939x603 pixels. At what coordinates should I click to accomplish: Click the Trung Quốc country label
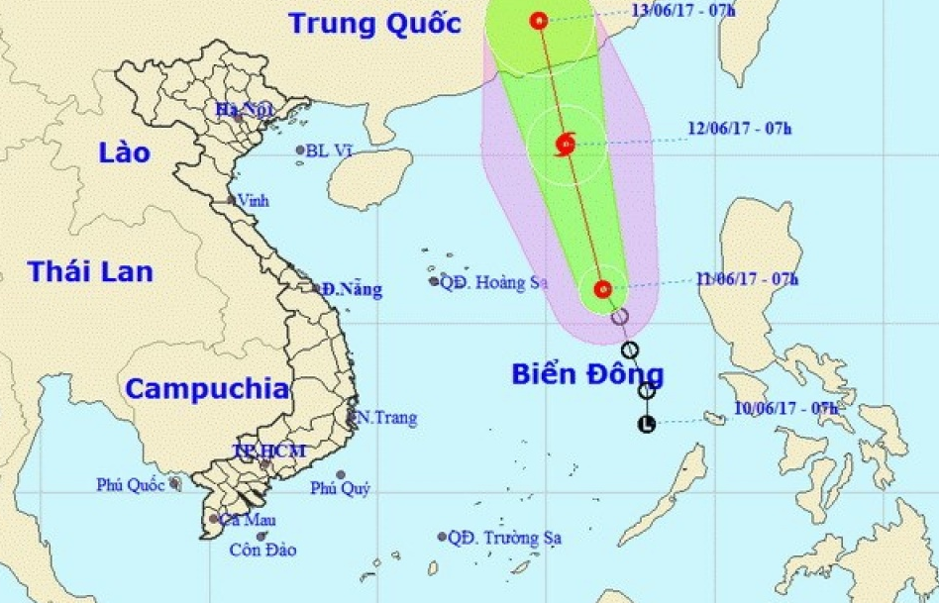(x=375, y=23)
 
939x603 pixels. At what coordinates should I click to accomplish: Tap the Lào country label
(x=125, y=152)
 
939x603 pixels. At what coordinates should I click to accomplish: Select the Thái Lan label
(x=91, y=271)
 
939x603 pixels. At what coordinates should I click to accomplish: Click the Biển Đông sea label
(x=587, y=374)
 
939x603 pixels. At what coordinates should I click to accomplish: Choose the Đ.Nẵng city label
(x=352, y=290)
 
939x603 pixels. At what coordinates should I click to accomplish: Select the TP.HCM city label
(x=268, y=452)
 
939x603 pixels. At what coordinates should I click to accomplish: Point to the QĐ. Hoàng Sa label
(x=494, y=282)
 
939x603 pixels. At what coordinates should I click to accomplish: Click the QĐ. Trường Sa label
(x=505, y=538)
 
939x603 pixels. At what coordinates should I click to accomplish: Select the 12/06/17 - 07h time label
(x=739, y=129)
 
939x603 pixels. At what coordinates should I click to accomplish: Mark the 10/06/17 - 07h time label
(x=786, y=407)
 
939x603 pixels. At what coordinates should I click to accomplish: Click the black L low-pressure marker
(x=647, y=425)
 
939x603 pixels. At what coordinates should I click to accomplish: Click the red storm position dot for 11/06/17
(x=602, y=289)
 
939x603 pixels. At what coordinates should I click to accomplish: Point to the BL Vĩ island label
(x=330, y=151)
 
